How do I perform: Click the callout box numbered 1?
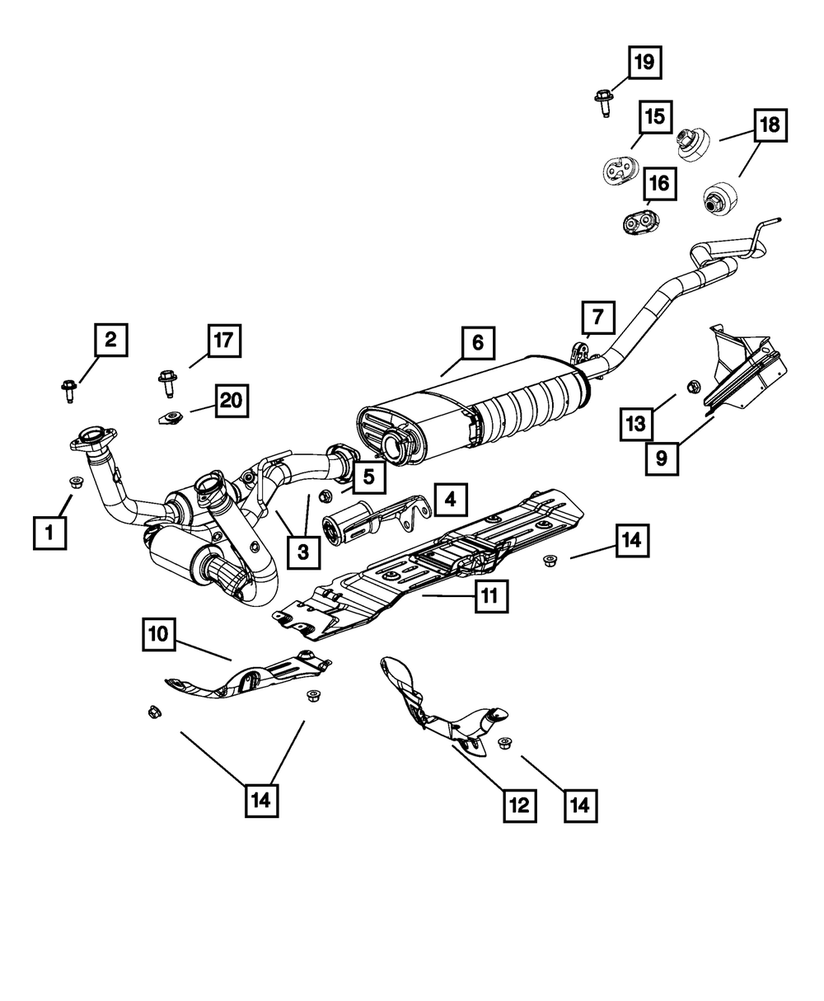coord(49,532)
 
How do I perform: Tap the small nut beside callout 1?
coord(76,482)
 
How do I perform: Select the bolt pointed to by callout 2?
coord(68,388)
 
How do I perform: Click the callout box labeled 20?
coord(232,401)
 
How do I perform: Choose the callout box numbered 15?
coord(655,117)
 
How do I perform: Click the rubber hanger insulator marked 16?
coord(637,221)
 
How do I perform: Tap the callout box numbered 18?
coord(769,125)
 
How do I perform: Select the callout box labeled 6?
coord(478,341)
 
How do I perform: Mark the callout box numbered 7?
coord(597,317)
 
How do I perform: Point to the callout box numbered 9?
coord(662,458)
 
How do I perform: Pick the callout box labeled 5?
coord(368,476)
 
